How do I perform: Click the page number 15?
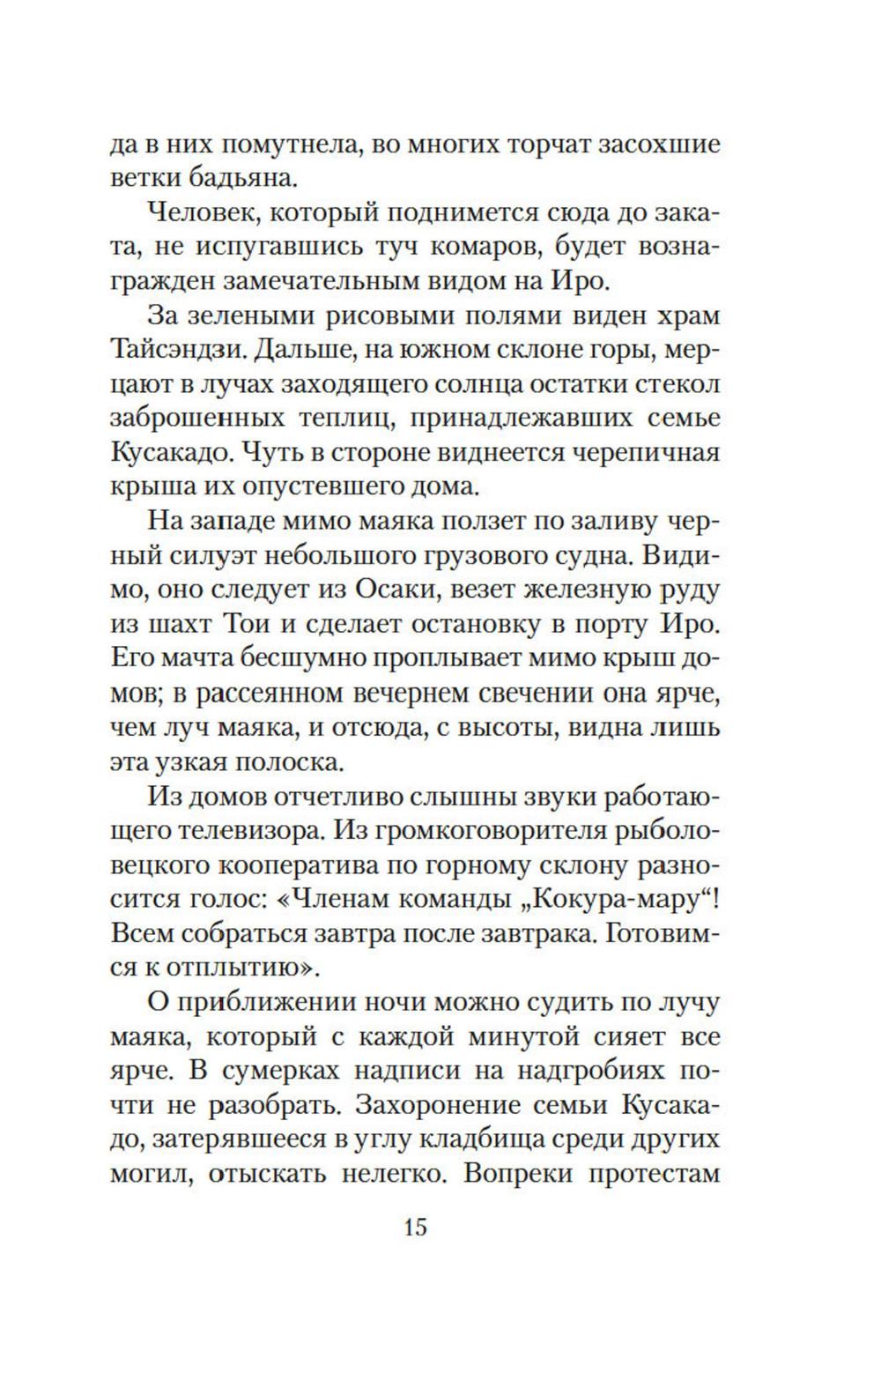(414, 1227)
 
